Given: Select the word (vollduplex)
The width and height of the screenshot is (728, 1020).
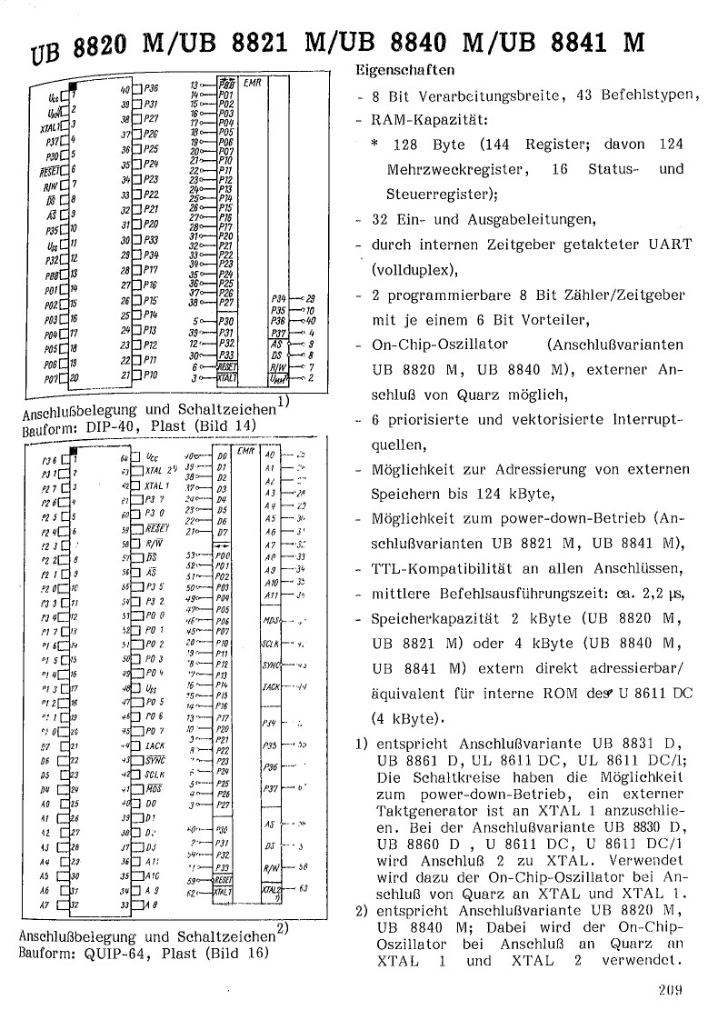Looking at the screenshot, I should [x=411, y=270].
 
